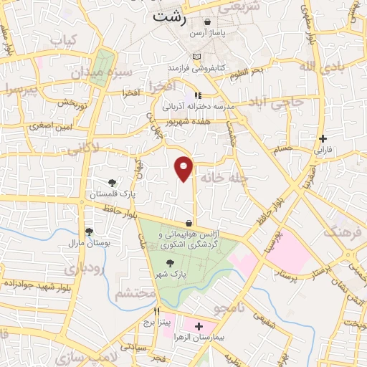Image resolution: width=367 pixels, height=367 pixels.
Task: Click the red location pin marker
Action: point(184,168)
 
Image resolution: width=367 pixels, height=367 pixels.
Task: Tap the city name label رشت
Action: point(170,19)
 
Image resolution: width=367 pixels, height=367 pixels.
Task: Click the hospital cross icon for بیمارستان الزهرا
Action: point(199,325)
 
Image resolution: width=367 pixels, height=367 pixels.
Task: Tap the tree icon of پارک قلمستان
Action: point(112,183)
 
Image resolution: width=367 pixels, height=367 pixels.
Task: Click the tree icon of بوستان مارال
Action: point(89,232)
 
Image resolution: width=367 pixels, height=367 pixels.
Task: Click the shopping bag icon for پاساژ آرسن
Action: point(207,22)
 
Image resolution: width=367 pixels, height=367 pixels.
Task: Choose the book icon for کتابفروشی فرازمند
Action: point(197,57)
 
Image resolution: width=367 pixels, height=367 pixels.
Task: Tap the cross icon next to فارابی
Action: point(323,138)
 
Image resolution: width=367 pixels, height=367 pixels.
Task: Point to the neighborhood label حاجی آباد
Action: point(277,103)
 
